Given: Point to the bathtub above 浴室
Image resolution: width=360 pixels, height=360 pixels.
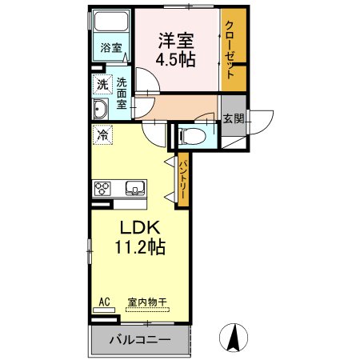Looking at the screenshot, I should (x=110, y=24).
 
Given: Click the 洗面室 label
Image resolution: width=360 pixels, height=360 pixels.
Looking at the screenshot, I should (x=122, y=91).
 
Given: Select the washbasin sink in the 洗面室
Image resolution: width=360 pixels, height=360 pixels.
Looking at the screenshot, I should (x=102, y=110).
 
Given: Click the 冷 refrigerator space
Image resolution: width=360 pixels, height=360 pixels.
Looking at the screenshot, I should (x=102, y=134).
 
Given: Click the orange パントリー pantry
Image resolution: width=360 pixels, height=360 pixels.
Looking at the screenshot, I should (x=182, y=179).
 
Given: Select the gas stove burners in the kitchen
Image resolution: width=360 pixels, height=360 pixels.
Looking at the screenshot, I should (x=103, y=190).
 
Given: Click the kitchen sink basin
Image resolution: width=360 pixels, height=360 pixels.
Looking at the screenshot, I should (x=134, y=190).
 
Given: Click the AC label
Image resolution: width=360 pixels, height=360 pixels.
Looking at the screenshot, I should (x=103, y=302).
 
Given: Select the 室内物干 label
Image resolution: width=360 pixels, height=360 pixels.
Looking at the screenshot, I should (x=146, y=302).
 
